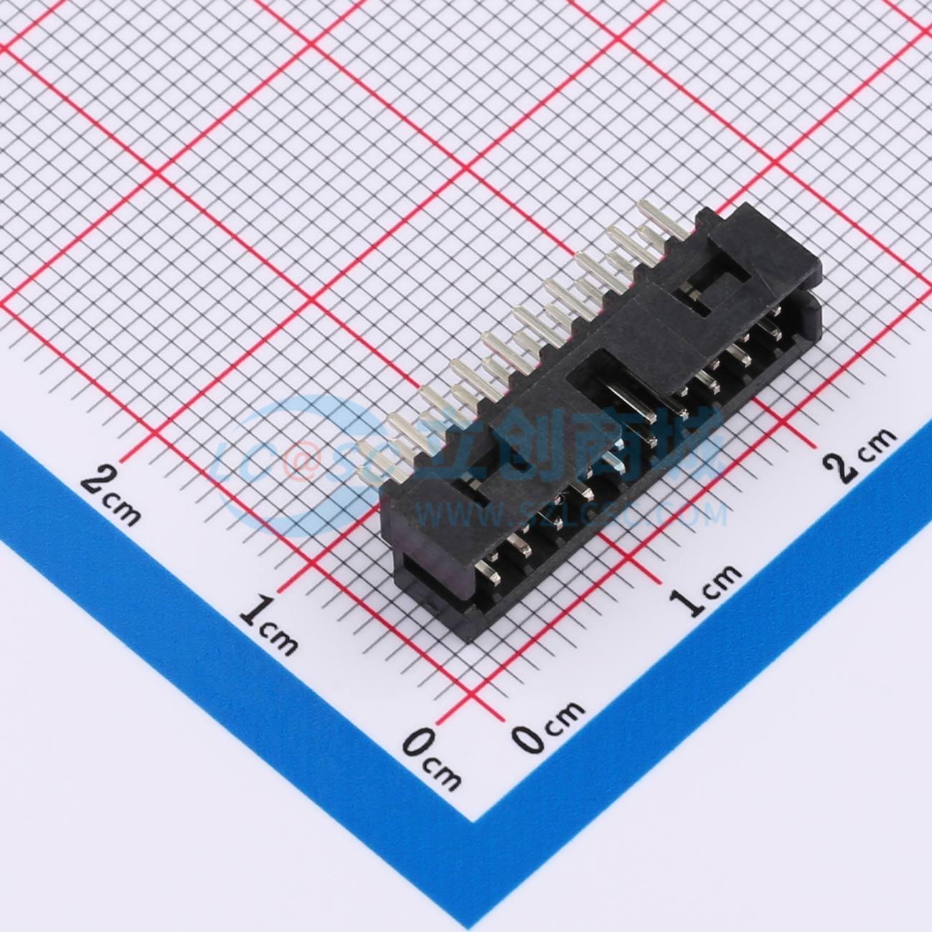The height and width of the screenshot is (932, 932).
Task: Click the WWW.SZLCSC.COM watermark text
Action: click(x=574, y=514)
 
